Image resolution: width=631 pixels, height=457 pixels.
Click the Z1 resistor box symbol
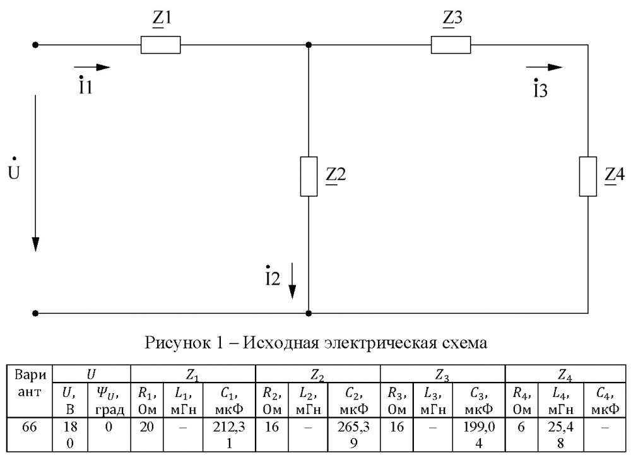pos(160,45)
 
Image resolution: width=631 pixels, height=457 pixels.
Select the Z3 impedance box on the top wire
pos(451,45)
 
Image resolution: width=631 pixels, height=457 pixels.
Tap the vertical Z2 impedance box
pos(309,176)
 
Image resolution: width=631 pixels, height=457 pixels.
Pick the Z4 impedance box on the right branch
pos(588,176)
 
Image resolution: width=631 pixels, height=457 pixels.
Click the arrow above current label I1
pos(91,68)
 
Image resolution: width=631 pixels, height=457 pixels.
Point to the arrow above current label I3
pos(544,68)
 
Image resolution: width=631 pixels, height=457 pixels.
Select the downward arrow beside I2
pos(293,281)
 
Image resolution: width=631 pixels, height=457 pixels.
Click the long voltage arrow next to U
pos(35,173)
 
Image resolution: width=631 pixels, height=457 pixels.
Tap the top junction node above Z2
pos(309,45)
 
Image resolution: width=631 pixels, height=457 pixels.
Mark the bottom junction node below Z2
pos(309,313)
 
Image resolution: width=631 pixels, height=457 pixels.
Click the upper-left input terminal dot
pos(35,45)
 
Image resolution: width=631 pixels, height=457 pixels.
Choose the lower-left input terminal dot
pos(35,313)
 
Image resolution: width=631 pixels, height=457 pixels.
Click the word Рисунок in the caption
pos(177,343)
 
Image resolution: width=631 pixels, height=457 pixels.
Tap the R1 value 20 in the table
pos(146,427)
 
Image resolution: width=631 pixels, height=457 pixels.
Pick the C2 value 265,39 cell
pos(353,435)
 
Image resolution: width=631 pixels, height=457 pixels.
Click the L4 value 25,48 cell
pos(560,435)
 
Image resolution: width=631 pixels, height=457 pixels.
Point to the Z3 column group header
pos(442,376)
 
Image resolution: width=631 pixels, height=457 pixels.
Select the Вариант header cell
pos(30,383)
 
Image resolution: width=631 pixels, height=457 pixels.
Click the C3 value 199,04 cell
pos(478,435)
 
